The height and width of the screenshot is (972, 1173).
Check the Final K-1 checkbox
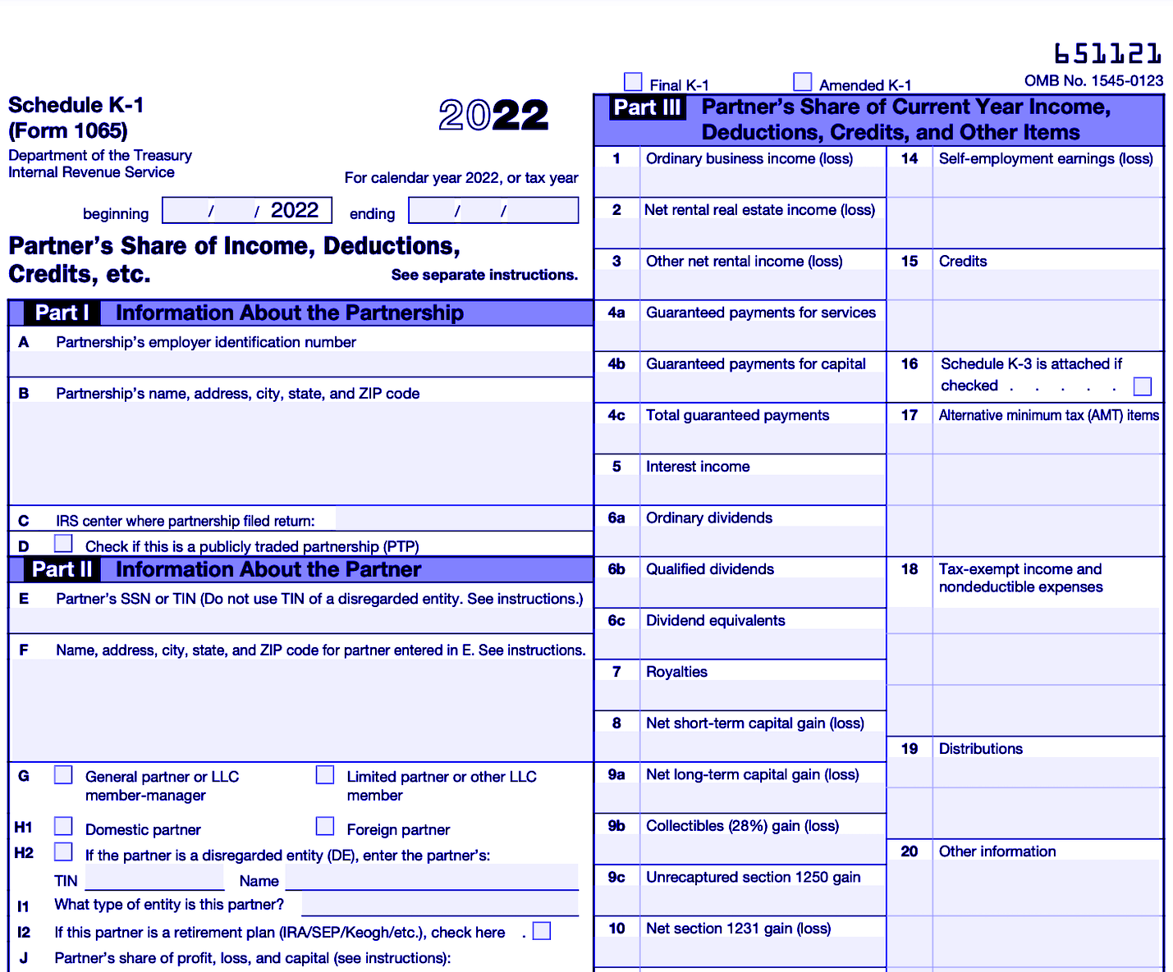(x=633, y=82)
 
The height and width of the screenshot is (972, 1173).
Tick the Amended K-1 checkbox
(x=803, y=82)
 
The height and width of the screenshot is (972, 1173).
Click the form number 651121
(x=1108, y=54)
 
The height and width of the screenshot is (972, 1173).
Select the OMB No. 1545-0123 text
(x=1093, y=80)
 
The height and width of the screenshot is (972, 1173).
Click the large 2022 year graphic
(x=493, y=115)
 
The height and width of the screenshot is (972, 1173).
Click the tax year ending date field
(x=493, y=211)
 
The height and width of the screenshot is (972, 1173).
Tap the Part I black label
(x=62, y=313)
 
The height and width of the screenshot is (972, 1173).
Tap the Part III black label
(x=648, y=108)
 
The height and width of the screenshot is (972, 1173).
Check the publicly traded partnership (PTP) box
(x=63, y=544)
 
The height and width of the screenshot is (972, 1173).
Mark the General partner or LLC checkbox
(x=63, y=775)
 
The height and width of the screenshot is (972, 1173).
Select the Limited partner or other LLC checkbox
(x=325, y=775)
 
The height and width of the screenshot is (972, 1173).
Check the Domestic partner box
(x=63, y=826)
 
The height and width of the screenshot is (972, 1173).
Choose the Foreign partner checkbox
(x=325, y=826)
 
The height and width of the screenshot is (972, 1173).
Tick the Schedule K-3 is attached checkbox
(x=1142, y=386)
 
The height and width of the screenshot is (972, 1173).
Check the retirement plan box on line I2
(x=542, y=931)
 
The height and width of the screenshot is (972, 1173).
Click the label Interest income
(x=698, y=467)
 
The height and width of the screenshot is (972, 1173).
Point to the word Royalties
(x=676, y=672)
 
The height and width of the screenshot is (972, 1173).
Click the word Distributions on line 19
(x=980, y=749)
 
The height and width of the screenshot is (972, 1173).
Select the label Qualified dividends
(x=710, y=569)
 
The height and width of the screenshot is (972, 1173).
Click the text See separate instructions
(x=484, y=275)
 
